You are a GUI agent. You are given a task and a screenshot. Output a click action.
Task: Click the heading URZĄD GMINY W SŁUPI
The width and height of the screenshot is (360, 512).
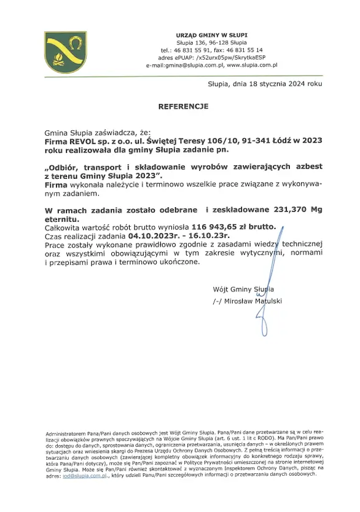[211, 34]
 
